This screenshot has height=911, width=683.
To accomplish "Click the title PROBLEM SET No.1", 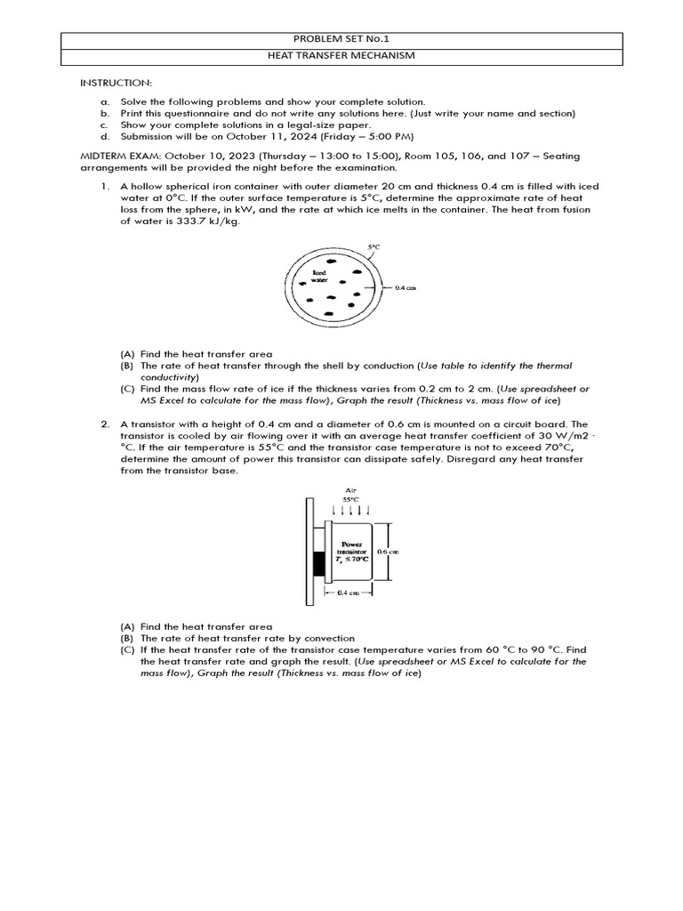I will tap(341, 39).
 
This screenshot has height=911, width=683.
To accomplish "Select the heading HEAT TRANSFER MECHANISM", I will tap(341, 56).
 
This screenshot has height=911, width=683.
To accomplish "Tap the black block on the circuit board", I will tap(320, 562).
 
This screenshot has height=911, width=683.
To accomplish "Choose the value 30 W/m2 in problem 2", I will tap(550, 436).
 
